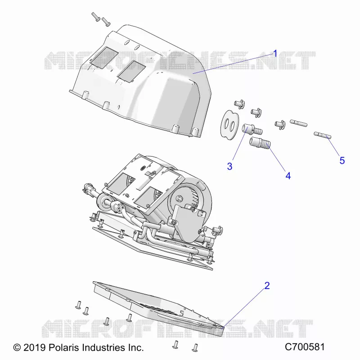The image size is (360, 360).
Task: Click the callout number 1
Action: [275, 54]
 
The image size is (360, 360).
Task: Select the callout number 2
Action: [267, 286]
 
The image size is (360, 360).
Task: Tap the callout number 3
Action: [229, 166]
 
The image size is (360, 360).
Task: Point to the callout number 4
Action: [288, 176]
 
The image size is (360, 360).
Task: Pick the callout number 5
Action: [342, 161]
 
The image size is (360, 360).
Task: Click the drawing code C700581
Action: [305, 347]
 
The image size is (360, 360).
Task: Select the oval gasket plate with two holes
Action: [229, 125]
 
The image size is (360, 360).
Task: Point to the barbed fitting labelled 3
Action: [252, 129]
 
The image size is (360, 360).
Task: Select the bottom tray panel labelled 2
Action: [158, 308]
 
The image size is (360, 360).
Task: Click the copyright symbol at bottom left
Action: [17, 347]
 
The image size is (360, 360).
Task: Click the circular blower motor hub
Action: [179, 198]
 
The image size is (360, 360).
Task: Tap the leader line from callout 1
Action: [233, 64]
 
